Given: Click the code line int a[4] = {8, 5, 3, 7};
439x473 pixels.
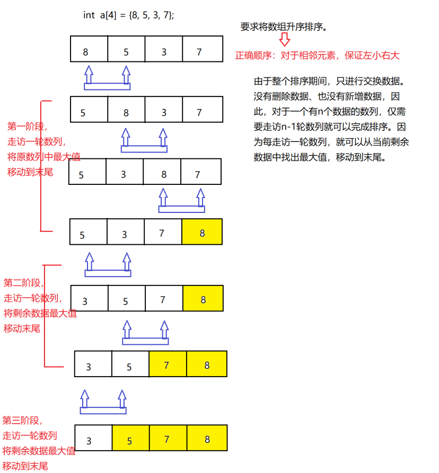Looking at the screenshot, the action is coord(128,15).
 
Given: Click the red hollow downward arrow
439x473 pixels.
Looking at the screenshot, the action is coord(285,40).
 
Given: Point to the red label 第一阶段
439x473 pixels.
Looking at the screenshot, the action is coord(27,127).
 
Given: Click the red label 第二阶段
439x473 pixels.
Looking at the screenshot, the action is coord(24,283).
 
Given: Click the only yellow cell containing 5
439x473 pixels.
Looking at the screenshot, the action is coord(130,439).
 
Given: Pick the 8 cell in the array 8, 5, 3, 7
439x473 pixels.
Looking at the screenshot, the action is coord(89,49).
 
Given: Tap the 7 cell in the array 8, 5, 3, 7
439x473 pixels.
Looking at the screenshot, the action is coord(202,49).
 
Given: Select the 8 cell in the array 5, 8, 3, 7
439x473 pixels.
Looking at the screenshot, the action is coord(126,110).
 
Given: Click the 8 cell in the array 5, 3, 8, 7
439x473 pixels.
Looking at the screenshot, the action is coord(162,172).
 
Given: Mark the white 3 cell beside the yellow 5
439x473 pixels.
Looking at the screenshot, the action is coord(93,439).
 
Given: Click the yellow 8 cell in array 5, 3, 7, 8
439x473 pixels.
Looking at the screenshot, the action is coord(202,232).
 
